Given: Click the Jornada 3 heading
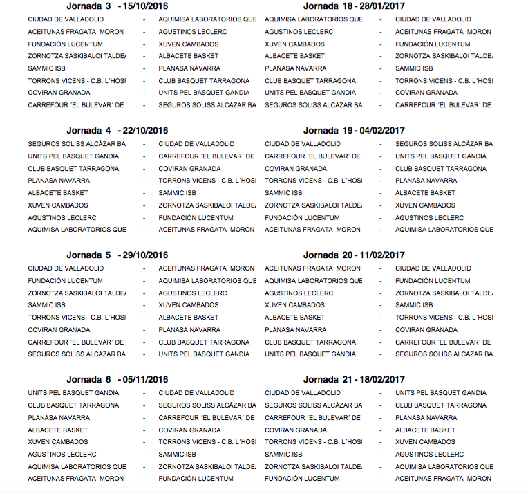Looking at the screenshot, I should click(x=89, y=6).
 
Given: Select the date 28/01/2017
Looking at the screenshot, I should click(x=381, y=6).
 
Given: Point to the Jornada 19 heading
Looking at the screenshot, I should click(x=328, y=130).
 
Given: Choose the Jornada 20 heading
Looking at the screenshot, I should click(x=328, y=255).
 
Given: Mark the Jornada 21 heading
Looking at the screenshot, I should click(x=328, y=379).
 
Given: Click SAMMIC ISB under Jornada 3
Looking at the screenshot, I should click(x=46, y=68).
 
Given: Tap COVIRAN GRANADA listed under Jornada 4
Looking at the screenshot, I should click(x=189, y=169).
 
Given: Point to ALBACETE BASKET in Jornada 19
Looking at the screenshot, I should click(x=425, y=193).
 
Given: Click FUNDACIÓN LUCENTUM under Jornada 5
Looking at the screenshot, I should click(x=65, y=281).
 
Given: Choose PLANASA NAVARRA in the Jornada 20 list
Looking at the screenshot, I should click(x=295, y=330).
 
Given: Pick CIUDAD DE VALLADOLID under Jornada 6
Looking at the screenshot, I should click(x=196, y=393).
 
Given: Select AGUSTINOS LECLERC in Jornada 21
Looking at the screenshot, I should click(x=429, y=455).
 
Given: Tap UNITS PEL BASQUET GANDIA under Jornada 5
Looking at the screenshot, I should click(x=204, y=354).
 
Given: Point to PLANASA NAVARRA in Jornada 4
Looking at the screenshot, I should click(x=59, y=181).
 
